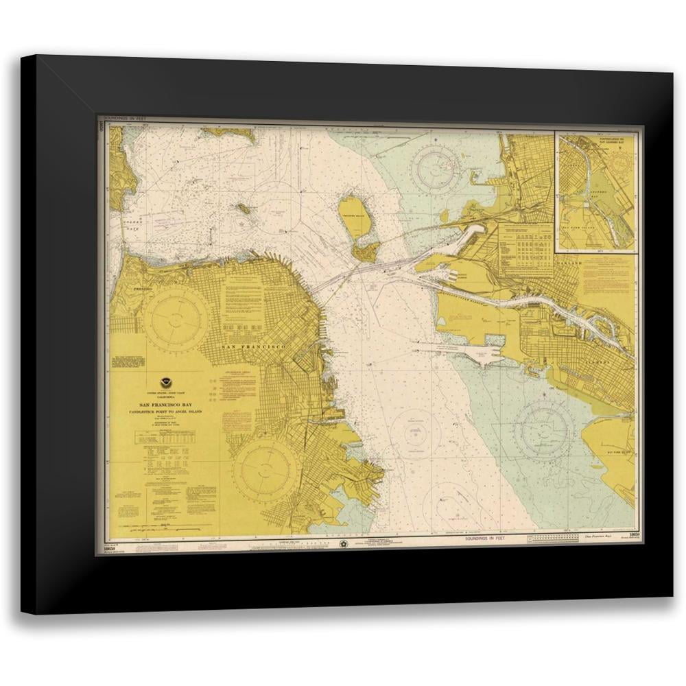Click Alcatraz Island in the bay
[242, 207]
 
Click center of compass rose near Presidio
[175, 319]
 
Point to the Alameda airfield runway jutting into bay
[473, 352]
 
